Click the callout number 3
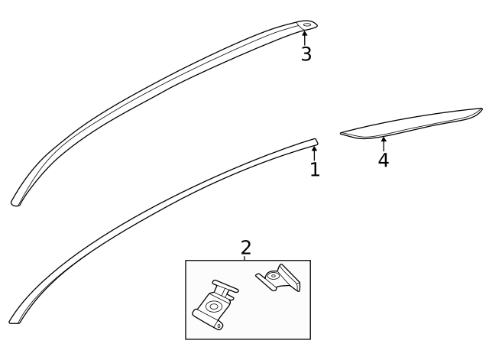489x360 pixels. pos(306,54)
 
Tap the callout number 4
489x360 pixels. pos(383,160)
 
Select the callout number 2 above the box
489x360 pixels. pos(245,247)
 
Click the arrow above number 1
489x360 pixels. pos(314,152)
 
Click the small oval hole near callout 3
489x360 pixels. pos(306,25)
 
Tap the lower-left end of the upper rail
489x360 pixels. pos(15,203)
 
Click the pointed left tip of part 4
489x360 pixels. pos(343,133)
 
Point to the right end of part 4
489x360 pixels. pos(479,112)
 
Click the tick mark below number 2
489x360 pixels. pos(245,258)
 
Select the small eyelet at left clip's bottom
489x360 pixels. pos(219,325)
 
